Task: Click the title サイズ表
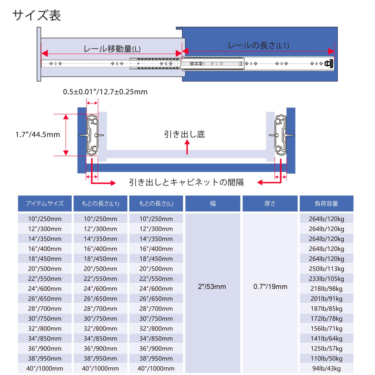[x=36, y=15]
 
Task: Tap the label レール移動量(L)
[x=112, y=49]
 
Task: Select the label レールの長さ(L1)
[x=258, y=45]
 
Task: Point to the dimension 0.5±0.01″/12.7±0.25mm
[x=105, y=92]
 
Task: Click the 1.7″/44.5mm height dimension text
[x=38, y=134]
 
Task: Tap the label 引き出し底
[x=184, y=134]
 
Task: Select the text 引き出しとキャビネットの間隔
[x=186, y=182]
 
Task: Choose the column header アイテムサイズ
[x=45, y=203]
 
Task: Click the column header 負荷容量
[x=326, y=203]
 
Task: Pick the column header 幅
[x=213, y=203]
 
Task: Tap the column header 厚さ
[x=270, y=203]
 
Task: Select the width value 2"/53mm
[x=212, y=286]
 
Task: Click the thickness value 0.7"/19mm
[x=270, y=286]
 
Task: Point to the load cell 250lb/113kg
[x=326, y=269]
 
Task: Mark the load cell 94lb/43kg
[x=326, y=368]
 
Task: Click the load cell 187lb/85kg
[x=326, y=308]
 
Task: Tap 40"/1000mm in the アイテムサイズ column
[x=45, y=368]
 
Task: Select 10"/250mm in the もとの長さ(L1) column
[x=100, y=219]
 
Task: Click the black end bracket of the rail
[x=329, y=63]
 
